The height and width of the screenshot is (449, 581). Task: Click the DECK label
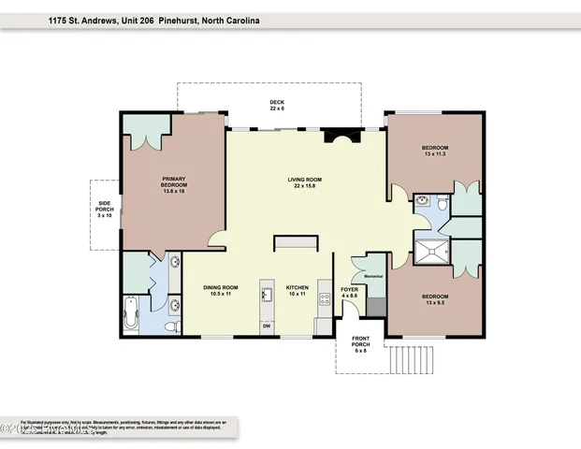[x=276, y=106]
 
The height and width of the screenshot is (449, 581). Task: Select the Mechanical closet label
[x=374, y=276]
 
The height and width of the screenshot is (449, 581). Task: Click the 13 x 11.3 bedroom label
[x=435, y=152]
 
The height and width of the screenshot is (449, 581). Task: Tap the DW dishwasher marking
[x=267, y=326]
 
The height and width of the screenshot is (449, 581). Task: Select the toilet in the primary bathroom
[x=169, y=326]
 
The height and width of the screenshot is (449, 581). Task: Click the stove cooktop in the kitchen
[x=325, y=299]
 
